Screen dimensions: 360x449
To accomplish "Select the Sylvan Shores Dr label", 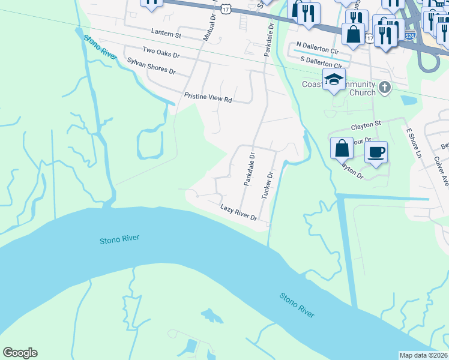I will (x=151, y=66).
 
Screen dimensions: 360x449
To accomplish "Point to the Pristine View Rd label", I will (x=208, y=98).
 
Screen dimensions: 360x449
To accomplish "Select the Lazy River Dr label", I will (x=238, y=212).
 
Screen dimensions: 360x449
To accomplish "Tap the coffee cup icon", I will (x=376, y=152).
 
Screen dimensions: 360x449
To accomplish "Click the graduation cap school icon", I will (x=334, y=79).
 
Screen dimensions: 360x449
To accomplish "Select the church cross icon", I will (x=385, y=88).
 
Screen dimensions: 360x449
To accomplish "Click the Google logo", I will (x=20, y=353).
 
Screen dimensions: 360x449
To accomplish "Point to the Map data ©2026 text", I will (x=424, y=355).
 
